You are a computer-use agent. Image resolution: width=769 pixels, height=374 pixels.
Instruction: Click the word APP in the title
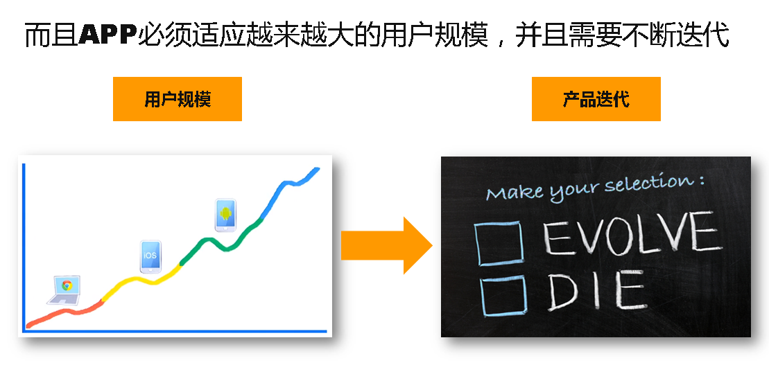point(108,35)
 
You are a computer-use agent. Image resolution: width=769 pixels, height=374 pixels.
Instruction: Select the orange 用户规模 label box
point(178,99)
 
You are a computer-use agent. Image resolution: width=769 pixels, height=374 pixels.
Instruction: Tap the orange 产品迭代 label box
point(596,99)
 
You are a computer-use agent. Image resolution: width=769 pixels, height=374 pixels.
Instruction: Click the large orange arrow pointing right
point(387,245)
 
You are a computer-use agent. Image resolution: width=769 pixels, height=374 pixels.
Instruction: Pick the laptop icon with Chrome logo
point(64,290)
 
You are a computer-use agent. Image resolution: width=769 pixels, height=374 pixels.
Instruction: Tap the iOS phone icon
point(150,256)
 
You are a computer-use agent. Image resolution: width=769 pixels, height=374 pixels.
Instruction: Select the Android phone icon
point(225,215)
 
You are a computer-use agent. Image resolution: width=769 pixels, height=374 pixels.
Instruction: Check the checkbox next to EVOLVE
point(499,243)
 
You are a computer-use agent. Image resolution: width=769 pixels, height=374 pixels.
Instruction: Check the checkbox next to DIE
point(503,296)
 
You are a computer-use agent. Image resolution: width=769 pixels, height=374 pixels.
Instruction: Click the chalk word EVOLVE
point(632,234)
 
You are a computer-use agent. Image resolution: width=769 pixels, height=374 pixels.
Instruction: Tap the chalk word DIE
point(596,290)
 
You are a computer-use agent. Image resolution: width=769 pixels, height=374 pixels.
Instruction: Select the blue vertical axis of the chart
point(23,247)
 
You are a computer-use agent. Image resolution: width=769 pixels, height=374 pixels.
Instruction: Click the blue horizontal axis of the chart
point(174,332)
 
